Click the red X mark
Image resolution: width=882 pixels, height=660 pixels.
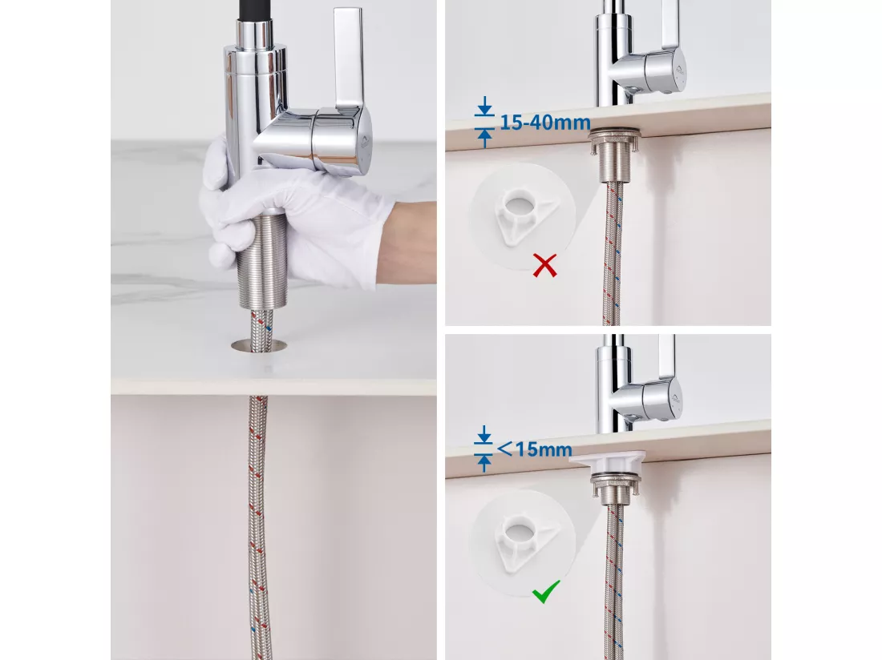pos(544,265)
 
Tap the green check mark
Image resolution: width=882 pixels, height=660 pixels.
pos(545,591)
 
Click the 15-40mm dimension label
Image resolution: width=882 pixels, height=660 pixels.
pos(545,123)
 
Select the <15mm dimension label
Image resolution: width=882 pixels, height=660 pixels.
pos(534,449)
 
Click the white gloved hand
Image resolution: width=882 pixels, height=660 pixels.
pos(293,213)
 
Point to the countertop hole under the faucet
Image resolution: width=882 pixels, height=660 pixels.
pos(259,345)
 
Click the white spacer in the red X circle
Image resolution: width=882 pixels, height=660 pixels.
pos(523,216)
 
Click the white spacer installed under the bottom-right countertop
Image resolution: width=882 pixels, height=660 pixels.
pos(608,461)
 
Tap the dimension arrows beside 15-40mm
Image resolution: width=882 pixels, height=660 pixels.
pos(485,123)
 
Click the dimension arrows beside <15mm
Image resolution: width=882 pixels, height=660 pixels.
pos(483,449)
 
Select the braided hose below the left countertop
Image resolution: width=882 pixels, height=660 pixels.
pos(258,527)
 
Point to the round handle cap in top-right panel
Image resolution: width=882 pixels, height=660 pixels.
pos(670,70)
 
